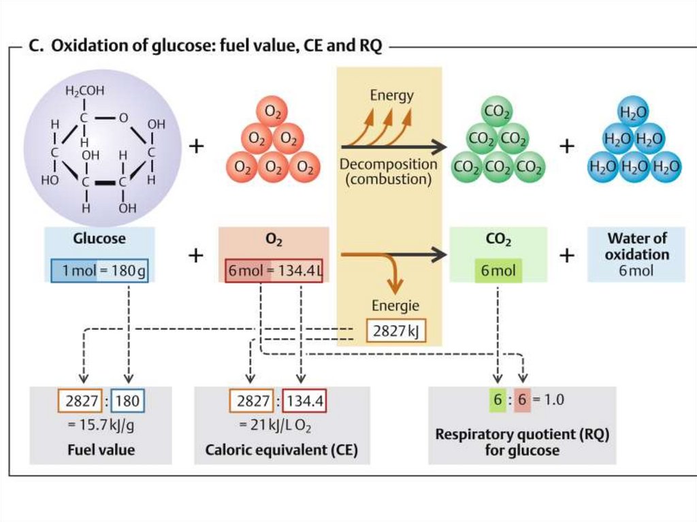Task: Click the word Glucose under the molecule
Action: (x=99, y=239)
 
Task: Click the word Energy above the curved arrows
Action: (x=391, y=95)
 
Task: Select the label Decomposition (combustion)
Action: (x=388, y=172)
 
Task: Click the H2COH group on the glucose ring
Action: (x=85, y=91)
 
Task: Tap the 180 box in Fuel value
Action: (x=127, y=400)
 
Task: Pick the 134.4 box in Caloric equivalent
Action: (x=304, y=400)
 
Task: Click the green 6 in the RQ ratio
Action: (x=498, y=399)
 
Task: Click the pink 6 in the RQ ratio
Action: (x=521, y=399)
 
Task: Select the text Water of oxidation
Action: (x=636, y=246)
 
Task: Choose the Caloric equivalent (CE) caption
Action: (x=282, y=451)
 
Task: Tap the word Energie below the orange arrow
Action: (x=395, y=306)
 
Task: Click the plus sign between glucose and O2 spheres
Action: (x=196, y=146)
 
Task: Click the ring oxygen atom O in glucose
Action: (x=123, y=118)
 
